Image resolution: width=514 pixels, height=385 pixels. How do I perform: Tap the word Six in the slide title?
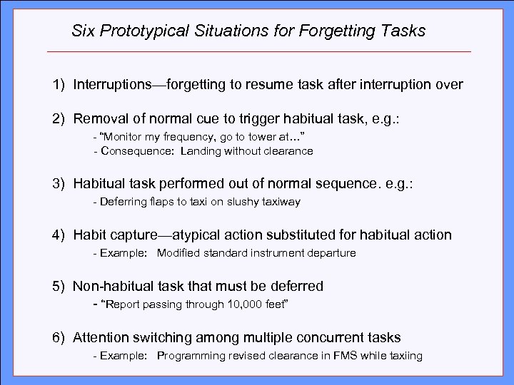(x=84, y=31)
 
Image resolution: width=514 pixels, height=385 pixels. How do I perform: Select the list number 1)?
(x=58, y=85)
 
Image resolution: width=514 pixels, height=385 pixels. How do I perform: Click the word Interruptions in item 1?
(x=109, y=85)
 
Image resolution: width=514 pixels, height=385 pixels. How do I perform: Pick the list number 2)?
(x=58, y=118)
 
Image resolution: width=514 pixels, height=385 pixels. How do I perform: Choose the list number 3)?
(x=58, y=185)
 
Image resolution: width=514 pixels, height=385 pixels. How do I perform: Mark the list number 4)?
(x=58, y=235)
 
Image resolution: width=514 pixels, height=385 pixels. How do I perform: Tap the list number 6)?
(x=58, y=337)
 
